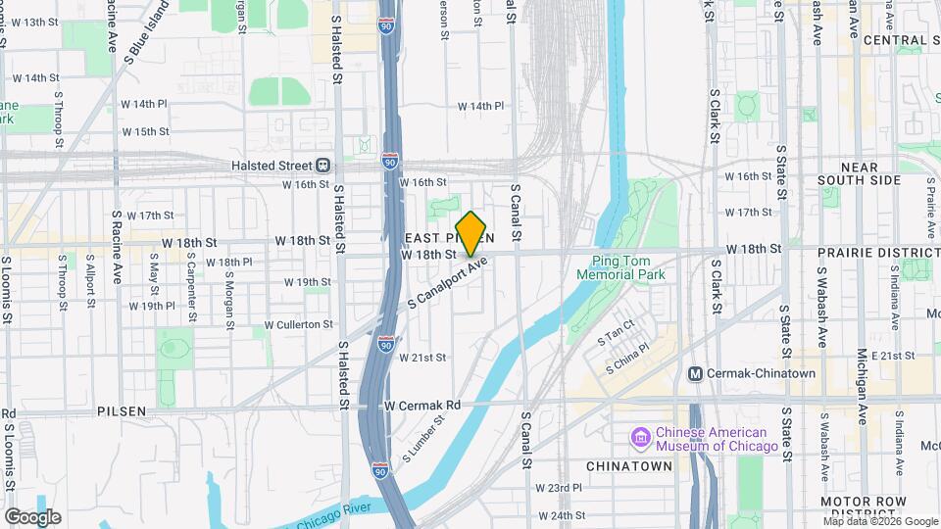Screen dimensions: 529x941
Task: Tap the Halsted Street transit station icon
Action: [x=323, y=166]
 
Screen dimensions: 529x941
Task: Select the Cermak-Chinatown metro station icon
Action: [x=696, y=373]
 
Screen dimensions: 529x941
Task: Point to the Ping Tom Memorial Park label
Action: [x=628, y=267]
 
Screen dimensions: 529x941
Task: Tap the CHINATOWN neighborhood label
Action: [x=628, y=466]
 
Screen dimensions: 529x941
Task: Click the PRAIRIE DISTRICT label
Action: [x=878, y=252]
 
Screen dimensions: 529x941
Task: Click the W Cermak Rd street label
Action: [x=422, y=405]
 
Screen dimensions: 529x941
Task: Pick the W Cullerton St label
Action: [x=298, y=324]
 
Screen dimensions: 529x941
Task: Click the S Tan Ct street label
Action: [x=617, y=334]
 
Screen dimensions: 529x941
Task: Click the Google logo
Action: [x=32, y=516]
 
